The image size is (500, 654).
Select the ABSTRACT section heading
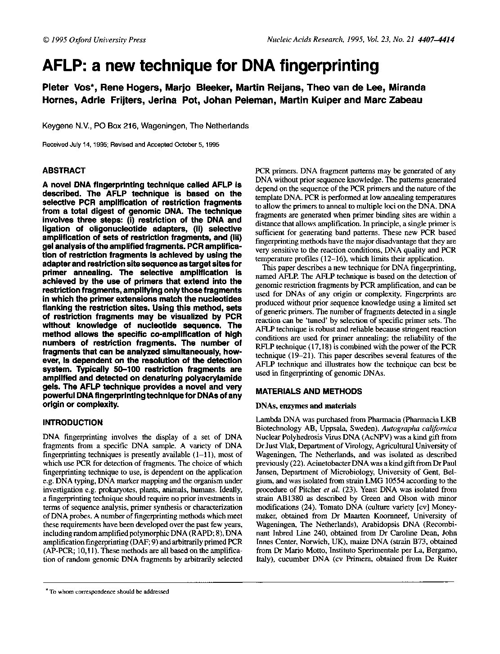[x=63, y=171]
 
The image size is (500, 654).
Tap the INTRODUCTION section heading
[x=72, y=422]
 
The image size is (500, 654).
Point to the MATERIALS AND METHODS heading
[x=308, y=391]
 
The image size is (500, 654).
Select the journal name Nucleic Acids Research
[x=305, y=40]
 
